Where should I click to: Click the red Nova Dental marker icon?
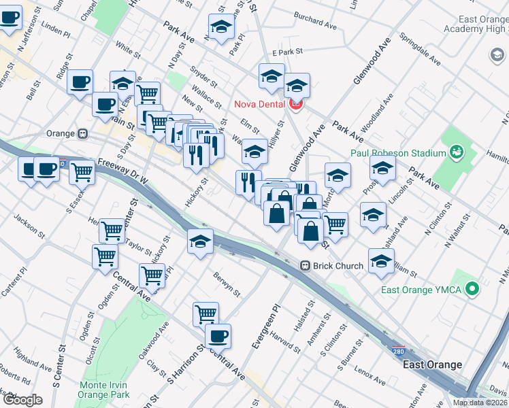(295, 104)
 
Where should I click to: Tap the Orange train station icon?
(83, 134)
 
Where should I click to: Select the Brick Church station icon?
(306, 265)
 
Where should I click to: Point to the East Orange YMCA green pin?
(472, 290)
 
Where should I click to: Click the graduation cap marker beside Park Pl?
(221, 27)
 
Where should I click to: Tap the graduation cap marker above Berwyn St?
(199, 242)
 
